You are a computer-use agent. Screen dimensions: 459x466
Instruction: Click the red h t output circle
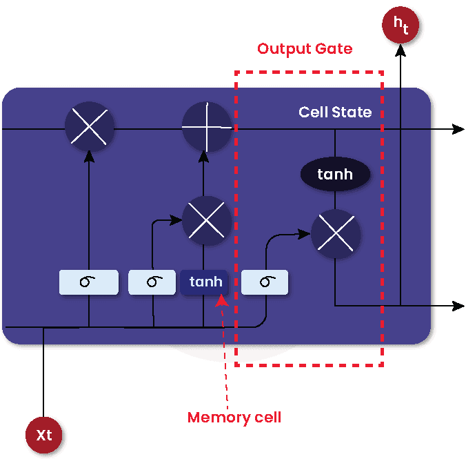point(402,26)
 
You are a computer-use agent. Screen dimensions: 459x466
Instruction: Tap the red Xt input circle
point(44,435)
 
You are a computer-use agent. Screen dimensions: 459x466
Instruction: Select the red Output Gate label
point(305,49)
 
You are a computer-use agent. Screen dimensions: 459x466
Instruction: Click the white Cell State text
point(335,112)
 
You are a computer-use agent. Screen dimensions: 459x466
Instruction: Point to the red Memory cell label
point(234,418)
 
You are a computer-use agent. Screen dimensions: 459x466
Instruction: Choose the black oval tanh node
point(335,174)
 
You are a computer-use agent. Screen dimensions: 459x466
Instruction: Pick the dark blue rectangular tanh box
point(205,282)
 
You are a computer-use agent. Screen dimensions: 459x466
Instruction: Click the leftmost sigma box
point(88,282)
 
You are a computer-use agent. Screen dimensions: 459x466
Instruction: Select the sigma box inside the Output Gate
point(265,282)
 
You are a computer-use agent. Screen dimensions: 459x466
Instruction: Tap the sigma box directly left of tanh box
point(152,282)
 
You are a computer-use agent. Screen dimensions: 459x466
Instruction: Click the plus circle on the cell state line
point(206,127)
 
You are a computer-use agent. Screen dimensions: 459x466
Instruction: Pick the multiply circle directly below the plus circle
point(205,221)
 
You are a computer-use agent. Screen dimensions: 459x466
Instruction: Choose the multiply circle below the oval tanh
point(335,234)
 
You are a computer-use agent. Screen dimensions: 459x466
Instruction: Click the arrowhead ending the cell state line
point(458,129)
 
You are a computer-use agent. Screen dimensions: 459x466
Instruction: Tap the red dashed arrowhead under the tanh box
point(221,300)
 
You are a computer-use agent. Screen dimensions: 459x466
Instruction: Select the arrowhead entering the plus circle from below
point(204,156)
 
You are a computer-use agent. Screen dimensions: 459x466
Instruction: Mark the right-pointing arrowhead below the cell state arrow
point(458,304)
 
